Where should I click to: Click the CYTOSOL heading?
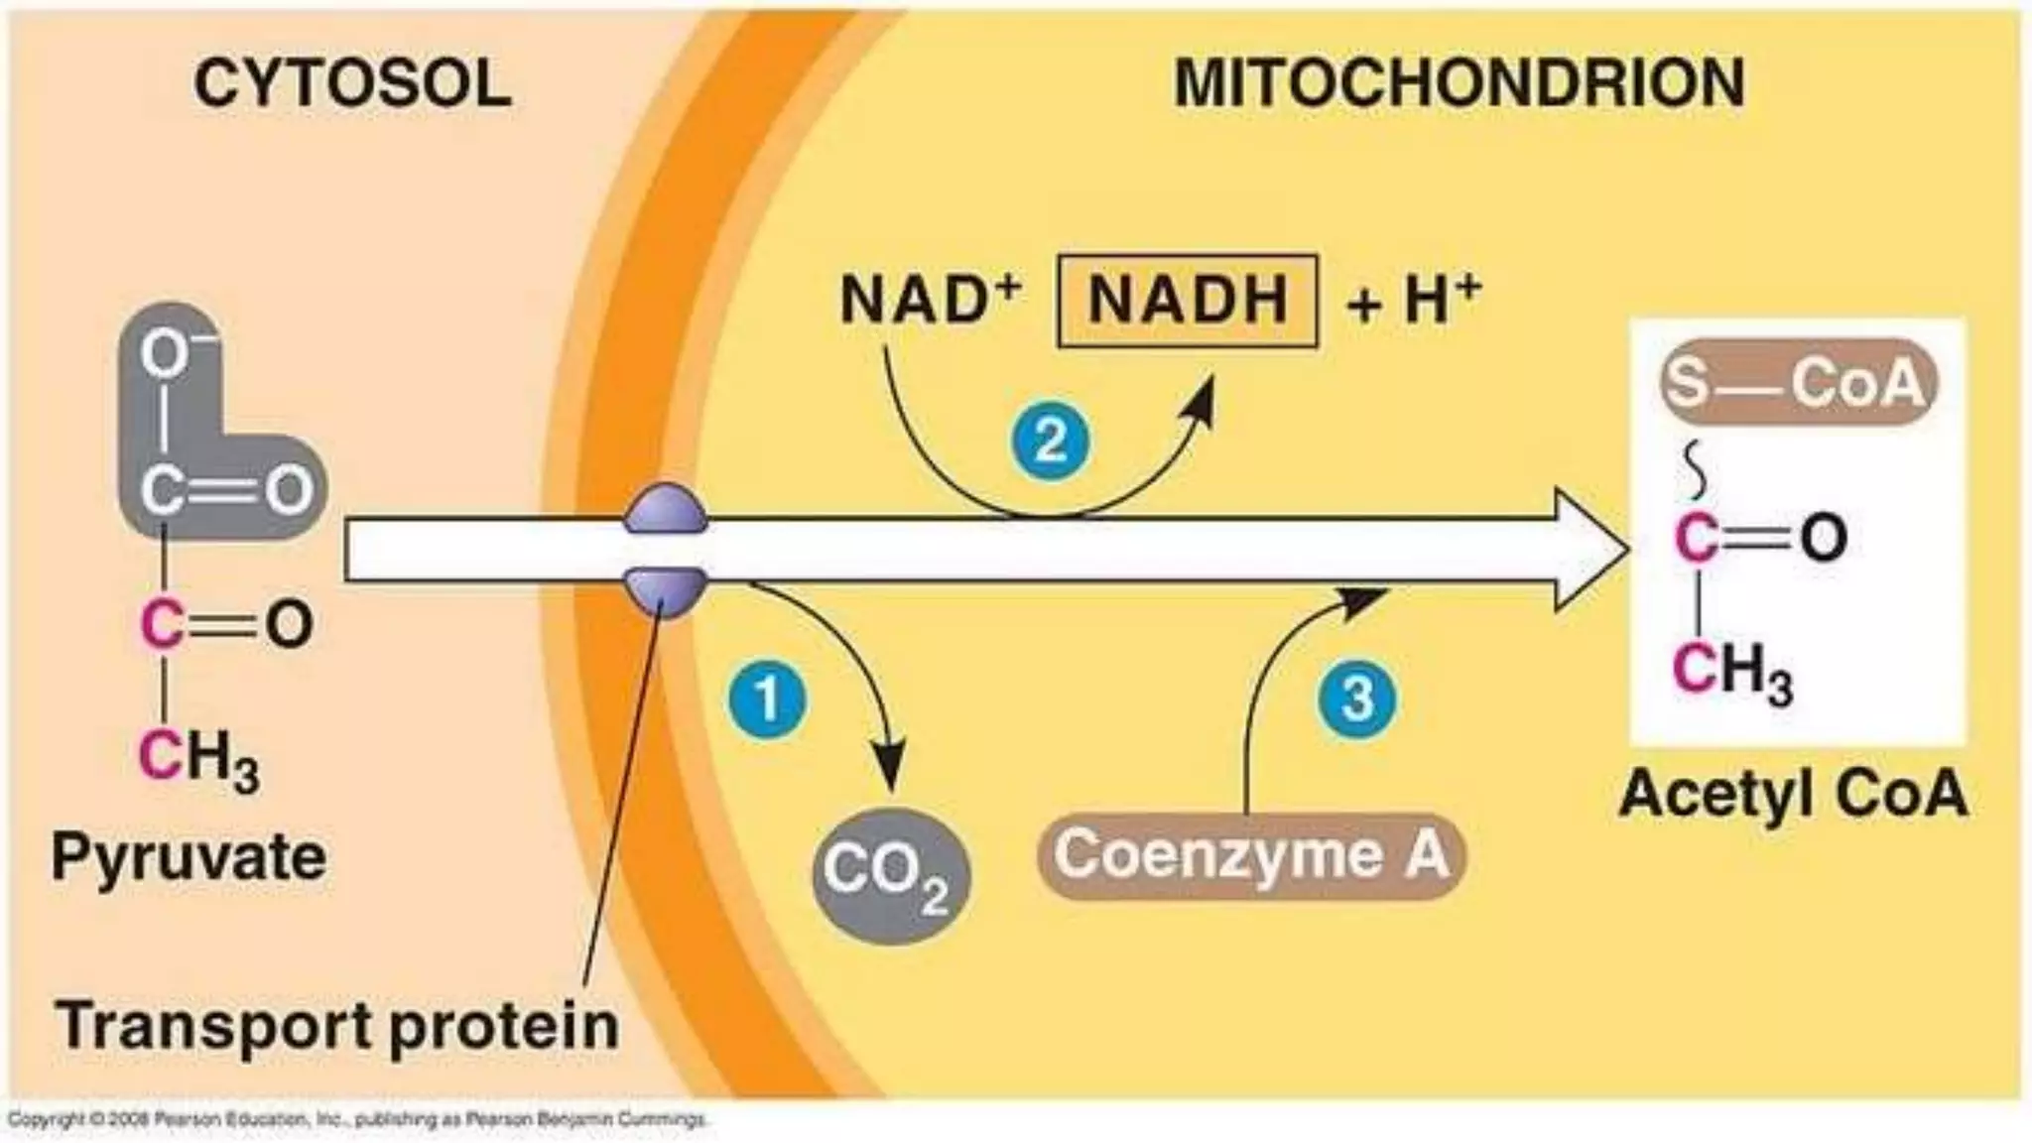coord(352,83)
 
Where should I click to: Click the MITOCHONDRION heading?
coord(1459,83)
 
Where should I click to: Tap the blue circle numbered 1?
coord(768,701)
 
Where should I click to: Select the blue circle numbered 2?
coord(1051,441)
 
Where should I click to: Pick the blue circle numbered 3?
coord(1357,698)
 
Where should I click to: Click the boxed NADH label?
coord(1188,301)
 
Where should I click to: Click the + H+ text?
coord(1414,300)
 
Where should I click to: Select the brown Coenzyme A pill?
coord(1251,856)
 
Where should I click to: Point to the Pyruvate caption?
coord(189,858)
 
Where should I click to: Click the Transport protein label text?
coord(337,1026)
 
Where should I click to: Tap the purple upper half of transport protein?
coord(666,511)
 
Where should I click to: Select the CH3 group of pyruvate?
coord(198,759)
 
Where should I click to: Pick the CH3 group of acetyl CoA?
coord(1732,672)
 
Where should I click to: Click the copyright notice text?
coord(357,1120)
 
